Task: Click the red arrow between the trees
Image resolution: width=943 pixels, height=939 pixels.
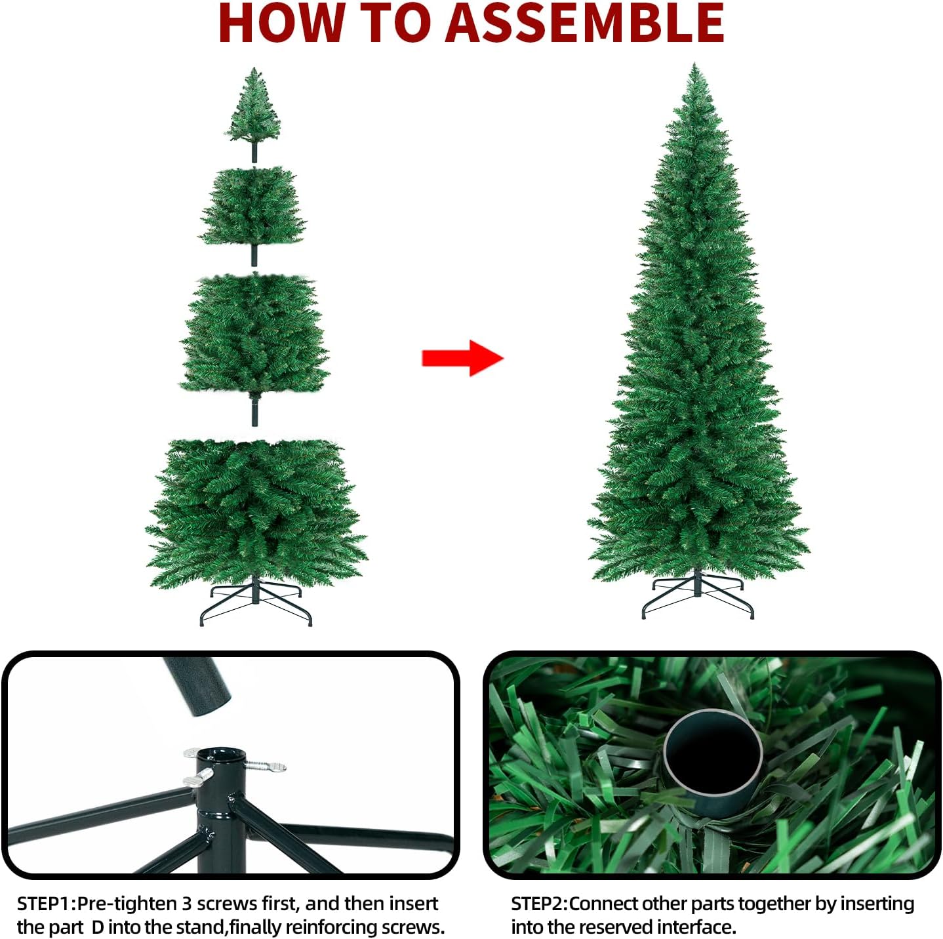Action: tap(462, 358)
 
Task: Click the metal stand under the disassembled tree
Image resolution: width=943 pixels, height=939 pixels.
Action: tap(256, 603)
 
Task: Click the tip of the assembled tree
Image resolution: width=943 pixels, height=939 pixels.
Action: tap(694, 63)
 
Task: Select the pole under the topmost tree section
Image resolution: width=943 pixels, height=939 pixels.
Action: tap(254, 152)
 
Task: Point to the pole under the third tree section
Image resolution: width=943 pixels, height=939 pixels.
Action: tap(254, 410)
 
